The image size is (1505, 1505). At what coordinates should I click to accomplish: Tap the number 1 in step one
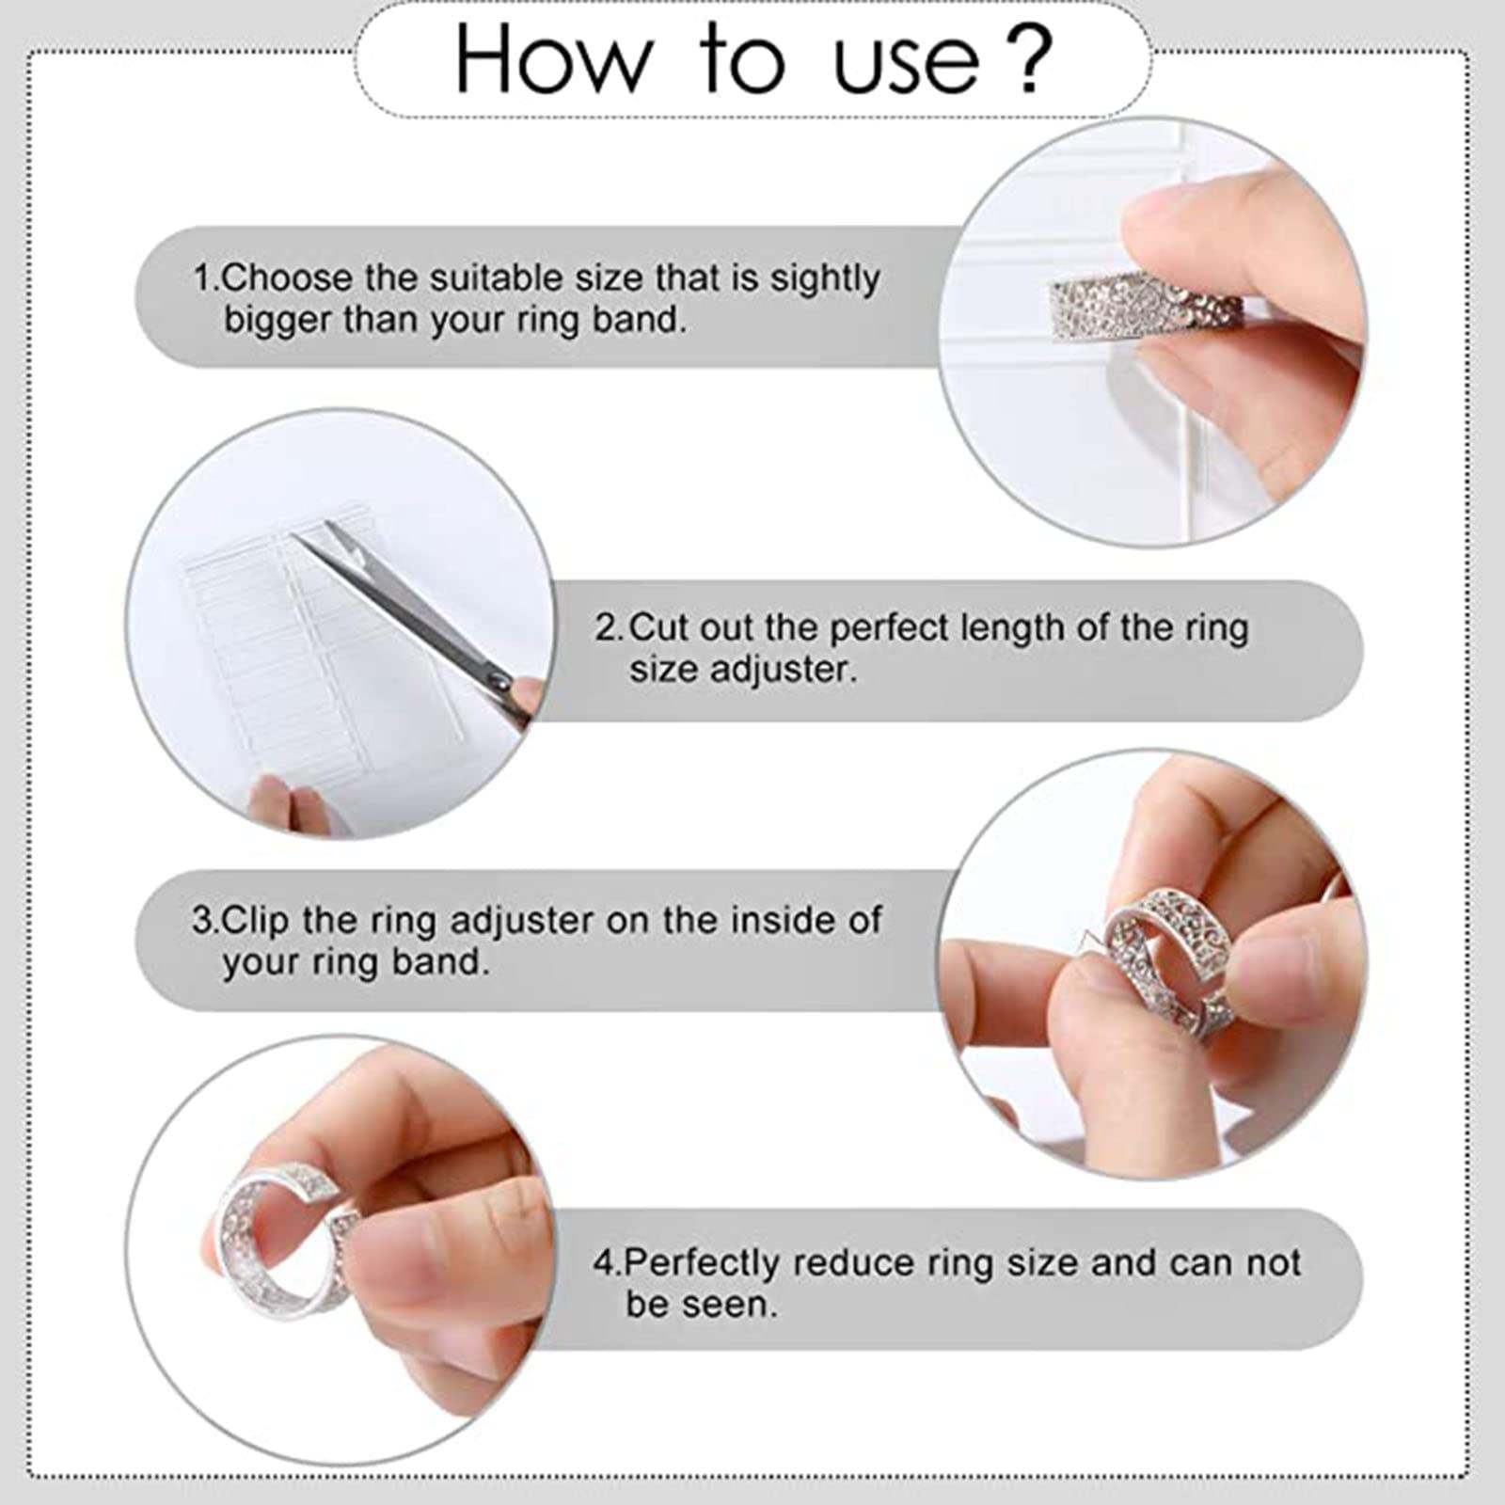202,278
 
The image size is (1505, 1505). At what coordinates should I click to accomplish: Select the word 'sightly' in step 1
825,279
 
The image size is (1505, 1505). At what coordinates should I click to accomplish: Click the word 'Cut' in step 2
657,627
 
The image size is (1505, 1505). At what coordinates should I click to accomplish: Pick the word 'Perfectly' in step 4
702,1262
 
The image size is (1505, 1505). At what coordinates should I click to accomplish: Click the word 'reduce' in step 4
862,1262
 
